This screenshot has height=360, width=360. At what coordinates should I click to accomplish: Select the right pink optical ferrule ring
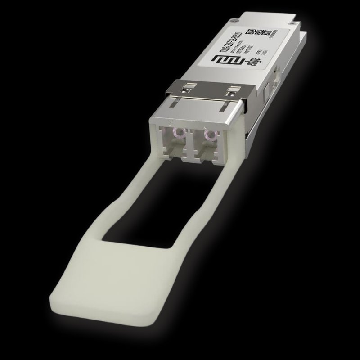(x=208, y=134)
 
